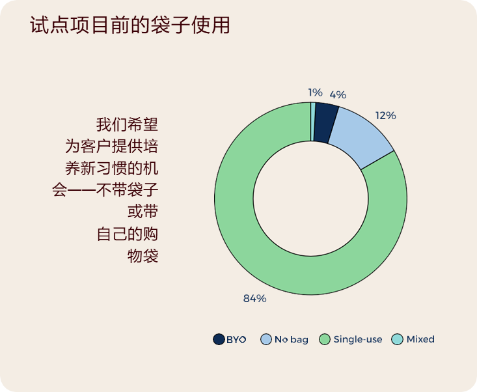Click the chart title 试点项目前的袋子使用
tap(130, 25)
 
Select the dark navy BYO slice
tap(325, 122)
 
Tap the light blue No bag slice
tap(361, 137)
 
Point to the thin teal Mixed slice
tap(313, 122)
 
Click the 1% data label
tap(315, 92)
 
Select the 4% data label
tap(338, 94)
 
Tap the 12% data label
tap(385, 116)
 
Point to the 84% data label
tap(254, 299)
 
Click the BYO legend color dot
tap(219, 339)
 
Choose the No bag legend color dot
tap(266, 339)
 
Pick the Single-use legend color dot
tap(325, 339)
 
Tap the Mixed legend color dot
tap(397, 339)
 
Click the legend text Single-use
tap(358, 339)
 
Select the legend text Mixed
tap(420, 339)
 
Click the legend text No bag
tap(292, 340)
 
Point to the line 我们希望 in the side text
tap(127, 124)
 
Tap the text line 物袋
tap(143, 256)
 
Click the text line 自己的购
tap(128, 234)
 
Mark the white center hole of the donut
tap(310, 199)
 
